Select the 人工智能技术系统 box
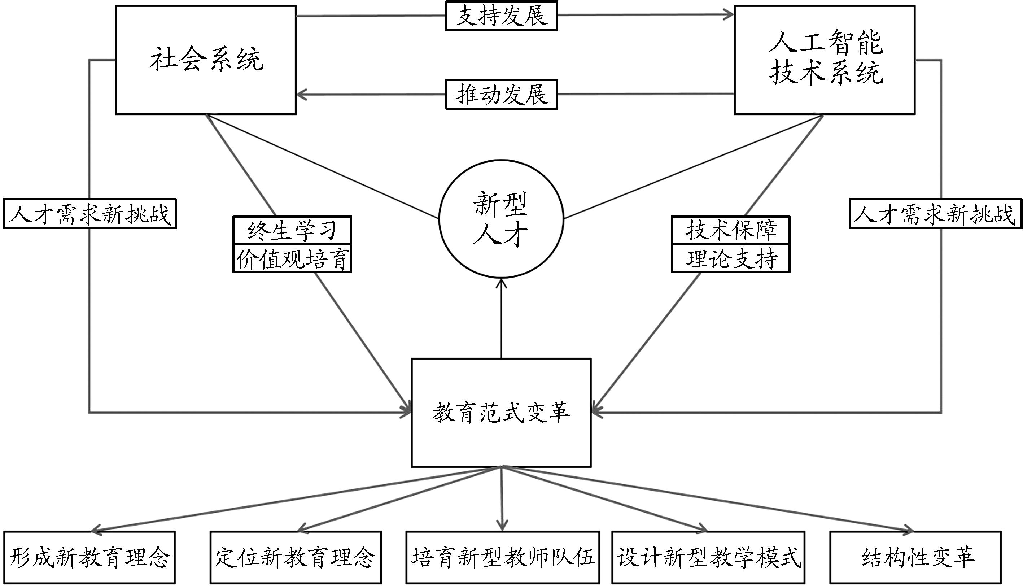pos(825,60)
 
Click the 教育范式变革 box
pos(501,412)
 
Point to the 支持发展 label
pos(502,16)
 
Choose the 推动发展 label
pos(502,95)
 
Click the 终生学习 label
pos(292,230)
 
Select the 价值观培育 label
pos(292,259)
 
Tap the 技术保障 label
pos(730,230)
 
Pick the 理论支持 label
pos(730,259)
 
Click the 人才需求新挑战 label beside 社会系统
pos(89,214)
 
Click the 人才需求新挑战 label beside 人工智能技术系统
pos(935,214)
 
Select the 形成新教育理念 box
pos(89,557)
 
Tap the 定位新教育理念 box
pos(296,557)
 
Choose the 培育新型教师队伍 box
pos(502,557)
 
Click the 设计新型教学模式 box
pos(708,557)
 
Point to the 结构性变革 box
pos(915,557)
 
